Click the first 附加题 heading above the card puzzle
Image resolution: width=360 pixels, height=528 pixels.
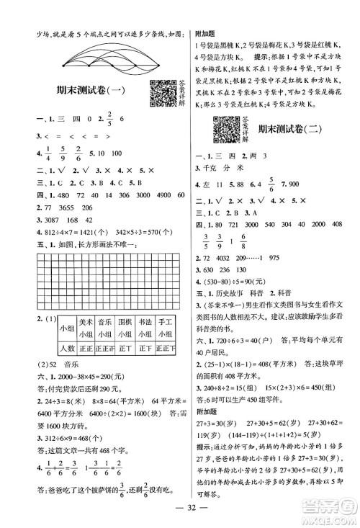[x=204, y=33]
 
